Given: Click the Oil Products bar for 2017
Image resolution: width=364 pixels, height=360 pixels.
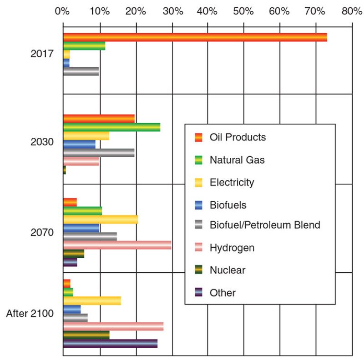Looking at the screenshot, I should point(195,37).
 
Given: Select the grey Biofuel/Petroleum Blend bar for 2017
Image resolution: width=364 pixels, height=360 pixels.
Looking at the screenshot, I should point(81,71).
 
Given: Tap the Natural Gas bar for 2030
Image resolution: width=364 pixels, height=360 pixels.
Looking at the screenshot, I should point(111,127).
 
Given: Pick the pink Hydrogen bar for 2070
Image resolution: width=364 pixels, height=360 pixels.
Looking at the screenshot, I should point(117,245).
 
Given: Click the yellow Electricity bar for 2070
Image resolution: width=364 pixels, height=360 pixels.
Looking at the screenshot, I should point(100,219).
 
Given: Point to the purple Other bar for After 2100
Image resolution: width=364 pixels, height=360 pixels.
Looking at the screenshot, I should point(110,343).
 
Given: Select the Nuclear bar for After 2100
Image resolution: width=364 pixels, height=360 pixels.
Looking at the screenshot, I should point(86,335).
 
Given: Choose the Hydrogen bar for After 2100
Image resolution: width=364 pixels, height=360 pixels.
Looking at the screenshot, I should point(113,326).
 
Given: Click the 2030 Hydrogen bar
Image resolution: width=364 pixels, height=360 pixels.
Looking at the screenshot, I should point(81,161).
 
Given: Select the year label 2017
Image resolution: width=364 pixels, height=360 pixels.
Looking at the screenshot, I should point(42,54).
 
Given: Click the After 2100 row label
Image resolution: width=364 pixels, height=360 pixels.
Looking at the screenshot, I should point(30,314).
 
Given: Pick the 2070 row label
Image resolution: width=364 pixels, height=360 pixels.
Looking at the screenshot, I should point(42,232).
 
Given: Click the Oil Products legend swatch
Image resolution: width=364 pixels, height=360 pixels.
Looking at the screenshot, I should point(198,137).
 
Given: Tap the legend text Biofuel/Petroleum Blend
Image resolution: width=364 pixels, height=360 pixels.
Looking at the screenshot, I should point(265,225).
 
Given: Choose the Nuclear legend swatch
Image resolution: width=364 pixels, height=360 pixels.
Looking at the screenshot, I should point(198,270).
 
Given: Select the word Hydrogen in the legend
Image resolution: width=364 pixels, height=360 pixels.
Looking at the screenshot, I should point(232,248).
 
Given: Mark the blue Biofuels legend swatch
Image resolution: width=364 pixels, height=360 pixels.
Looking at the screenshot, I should point(198,205).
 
